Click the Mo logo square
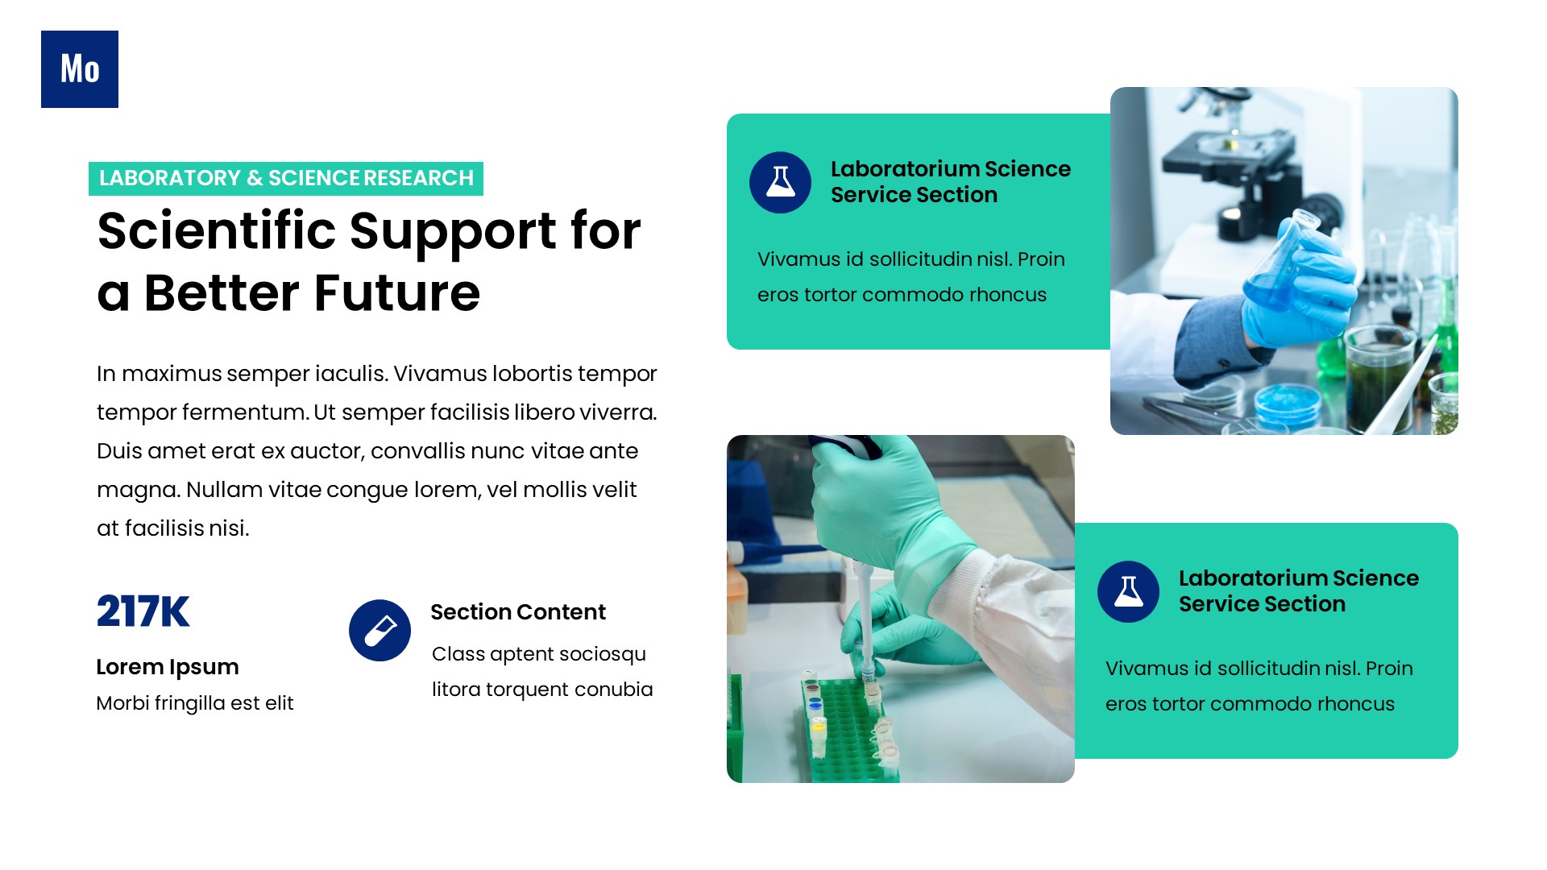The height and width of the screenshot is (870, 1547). (80, 69)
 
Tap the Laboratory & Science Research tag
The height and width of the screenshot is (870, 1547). (286, 178)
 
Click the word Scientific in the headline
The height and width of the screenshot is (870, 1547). (216, 231)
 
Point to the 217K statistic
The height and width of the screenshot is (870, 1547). (143, 611)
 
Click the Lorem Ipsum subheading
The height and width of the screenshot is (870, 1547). (168, 667)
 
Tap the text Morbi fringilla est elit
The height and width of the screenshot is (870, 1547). (195, 703)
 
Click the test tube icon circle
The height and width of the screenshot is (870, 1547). (379, 631)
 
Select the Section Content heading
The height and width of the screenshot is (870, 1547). (518, 612)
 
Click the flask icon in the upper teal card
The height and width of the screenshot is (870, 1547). (780, 182)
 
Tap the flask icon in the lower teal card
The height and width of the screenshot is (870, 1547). (1128, 591)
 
